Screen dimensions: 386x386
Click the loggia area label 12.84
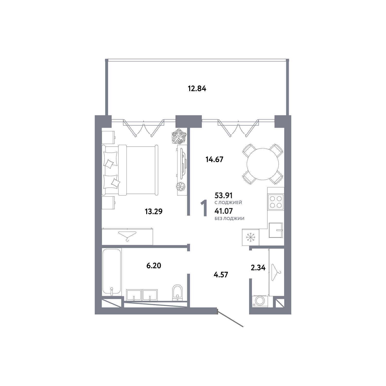[197, 89]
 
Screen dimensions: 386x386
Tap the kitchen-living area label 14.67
[214, 160]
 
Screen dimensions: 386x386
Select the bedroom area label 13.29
[154, 212]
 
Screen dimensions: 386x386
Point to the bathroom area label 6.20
[154, 266]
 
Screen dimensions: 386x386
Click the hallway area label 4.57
[221, 275]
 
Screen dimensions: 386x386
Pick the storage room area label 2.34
[258, 268]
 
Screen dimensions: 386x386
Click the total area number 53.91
[224, 195]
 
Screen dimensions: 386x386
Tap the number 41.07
[224, 211]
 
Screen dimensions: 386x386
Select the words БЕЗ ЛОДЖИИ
[229, 218]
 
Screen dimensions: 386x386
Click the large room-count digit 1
[204, 208]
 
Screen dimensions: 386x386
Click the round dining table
[263, 164]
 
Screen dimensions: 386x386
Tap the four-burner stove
[276, 201]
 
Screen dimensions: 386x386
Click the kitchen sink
[276, 230]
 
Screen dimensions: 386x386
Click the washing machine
[260, 301]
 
